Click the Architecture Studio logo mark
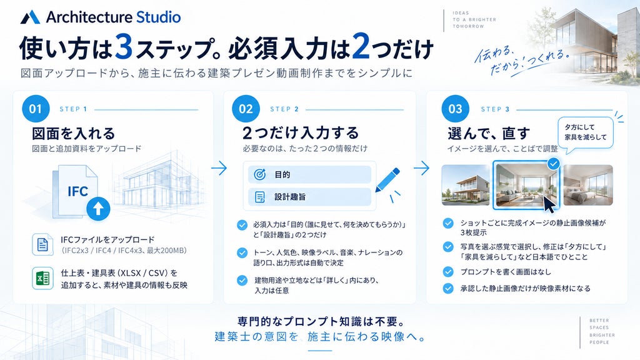coord(30,17)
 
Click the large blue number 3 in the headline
coord(124,46)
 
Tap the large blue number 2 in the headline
coord(361,46)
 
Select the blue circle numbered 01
coord(36,109)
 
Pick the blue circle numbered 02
coord(246,109)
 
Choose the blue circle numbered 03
coord(456,109)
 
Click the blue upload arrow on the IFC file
coord(98,209)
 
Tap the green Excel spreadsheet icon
coord(42,278)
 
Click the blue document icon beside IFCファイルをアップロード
coord(42,244)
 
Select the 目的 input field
coord(309,175)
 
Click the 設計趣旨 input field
coord(309,197)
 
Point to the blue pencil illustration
coord(387,180)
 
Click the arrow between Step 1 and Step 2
coord(219,167)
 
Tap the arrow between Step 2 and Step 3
coord(422,167)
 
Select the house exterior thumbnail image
coord(465,185)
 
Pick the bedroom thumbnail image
coord(587,185)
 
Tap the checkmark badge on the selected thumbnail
coord(553,164)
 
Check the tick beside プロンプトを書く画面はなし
coord(448,272)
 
